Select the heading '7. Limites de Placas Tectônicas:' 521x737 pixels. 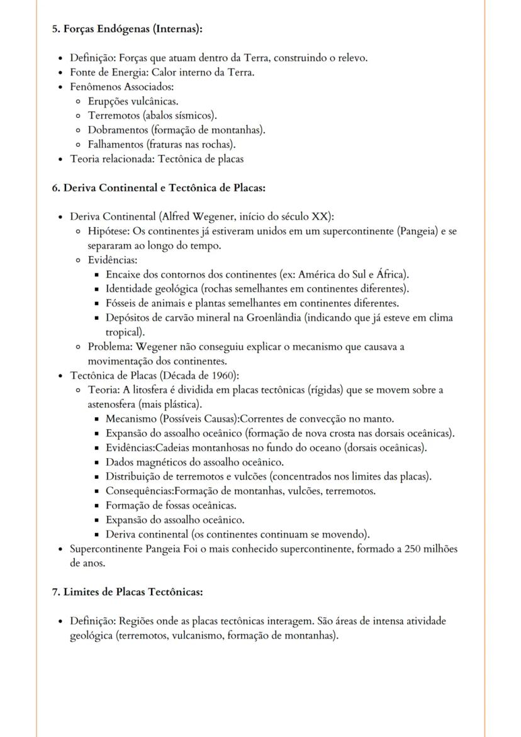click(127, 592)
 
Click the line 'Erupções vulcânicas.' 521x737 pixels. click(133, 101)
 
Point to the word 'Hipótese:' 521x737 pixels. click(109, 231)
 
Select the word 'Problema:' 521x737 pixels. click(111, 347)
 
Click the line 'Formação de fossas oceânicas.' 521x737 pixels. click(171, 505)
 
